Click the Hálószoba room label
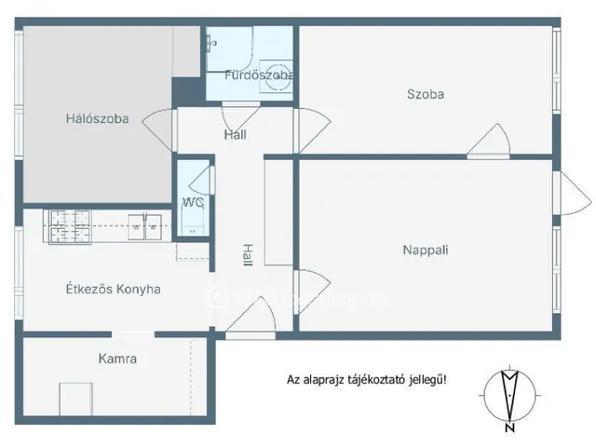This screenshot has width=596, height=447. point(97,118)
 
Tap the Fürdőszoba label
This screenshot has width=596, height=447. point(260,74)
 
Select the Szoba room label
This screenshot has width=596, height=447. point(425,94)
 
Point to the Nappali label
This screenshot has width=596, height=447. point(426,250)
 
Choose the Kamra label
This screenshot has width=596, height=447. point(118,358)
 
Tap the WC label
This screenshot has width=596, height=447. point(193,202)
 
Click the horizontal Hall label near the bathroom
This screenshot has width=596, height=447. point(235,135)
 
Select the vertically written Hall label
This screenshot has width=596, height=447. point(247,254)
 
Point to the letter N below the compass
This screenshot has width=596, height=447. point(509,429)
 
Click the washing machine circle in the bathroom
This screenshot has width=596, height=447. point(276,80)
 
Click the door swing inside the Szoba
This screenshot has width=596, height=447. point(490,142)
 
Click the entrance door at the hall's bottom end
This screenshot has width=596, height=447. point(250,317)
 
